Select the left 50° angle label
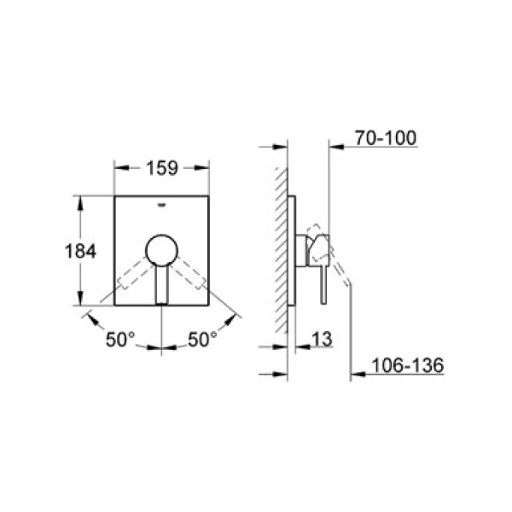pyautogui.click(x=120, y=340)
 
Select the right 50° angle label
pyautogui.click(x=202, y=340)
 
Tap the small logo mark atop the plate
pyautogui.click(x=161, y=205)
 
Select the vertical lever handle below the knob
pyautogui.click(x=161, y=283)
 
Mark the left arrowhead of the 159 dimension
pyautogui.click(x=118, y=168)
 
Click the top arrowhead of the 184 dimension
pyautogui.click(x=80, y=200)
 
